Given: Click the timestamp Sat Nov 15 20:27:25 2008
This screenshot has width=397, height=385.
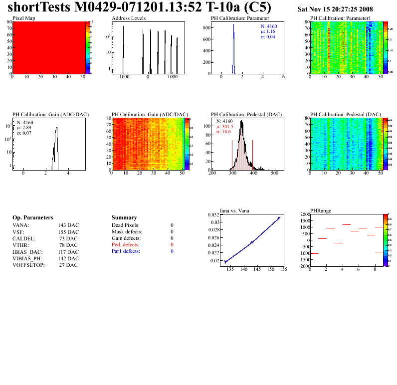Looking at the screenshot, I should tap(335, 9).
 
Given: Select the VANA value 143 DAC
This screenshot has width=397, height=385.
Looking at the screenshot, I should tap(68, 225).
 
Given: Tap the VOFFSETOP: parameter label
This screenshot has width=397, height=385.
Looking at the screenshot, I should tap(28, 265).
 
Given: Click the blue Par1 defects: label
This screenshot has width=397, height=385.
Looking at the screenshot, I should tap(126, 251).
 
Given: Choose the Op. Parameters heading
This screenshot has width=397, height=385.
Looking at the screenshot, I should tap(32, 218).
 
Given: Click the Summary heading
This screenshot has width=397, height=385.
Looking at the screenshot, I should tap(124, 218).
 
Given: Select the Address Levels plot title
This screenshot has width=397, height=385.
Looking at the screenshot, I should tap(129, 18).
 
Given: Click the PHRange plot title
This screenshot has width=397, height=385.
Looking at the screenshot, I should tap(320, 210).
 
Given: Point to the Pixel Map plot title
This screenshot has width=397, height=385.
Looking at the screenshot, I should tap(23, 18).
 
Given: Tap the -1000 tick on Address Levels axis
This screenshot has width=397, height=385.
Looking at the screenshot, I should tap(124, 78).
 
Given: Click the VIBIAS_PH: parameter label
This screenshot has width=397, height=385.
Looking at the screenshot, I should tap(28, 258).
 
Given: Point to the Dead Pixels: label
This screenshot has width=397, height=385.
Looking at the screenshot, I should tap(126, 225).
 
